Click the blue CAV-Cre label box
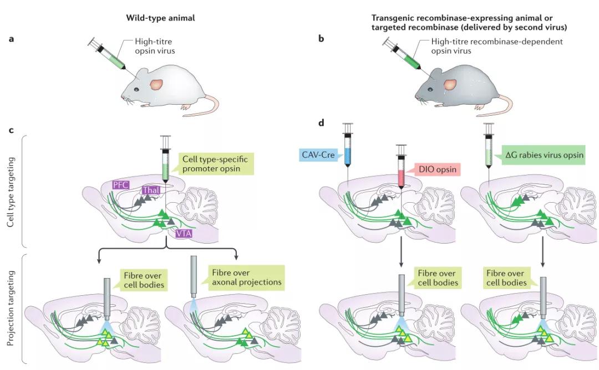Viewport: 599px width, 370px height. (x=317, y=155)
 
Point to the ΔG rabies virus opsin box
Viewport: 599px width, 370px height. (x=544, y=155)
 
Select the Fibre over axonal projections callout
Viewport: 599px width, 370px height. (x=245, y=277)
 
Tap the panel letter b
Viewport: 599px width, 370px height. (x=321, y=39)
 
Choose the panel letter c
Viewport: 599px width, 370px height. (x=11, y=130)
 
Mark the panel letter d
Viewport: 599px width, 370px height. (x=321, y=122)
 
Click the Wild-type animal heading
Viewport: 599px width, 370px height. (x=160, y=18)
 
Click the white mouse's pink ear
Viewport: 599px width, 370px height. (x=156, y=85)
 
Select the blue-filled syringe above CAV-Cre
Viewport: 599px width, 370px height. (x=348, y=147)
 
